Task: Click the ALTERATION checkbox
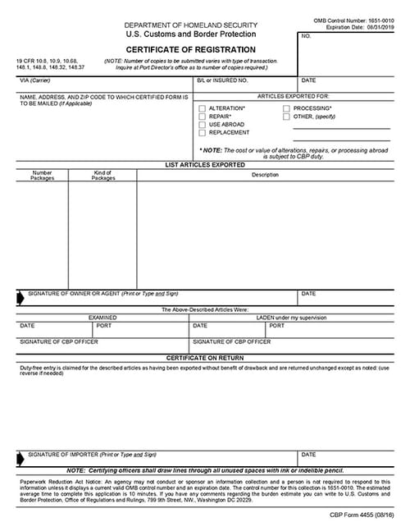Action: (202, 108)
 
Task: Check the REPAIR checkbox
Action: (202, 117)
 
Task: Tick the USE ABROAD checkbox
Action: (202, 125)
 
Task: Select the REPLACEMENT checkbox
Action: (202, 133)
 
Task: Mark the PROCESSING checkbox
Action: (286, 108)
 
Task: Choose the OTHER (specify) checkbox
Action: (286, 117)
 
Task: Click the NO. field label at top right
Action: (306, 37)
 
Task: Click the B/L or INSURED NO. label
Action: (221, 80)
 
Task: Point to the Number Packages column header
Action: (42, 176)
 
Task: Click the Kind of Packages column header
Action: (102, 176)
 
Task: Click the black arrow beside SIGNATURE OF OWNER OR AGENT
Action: (21, 296)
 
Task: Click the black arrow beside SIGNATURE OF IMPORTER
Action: (21, 457)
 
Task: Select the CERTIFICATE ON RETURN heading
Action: (206, 359)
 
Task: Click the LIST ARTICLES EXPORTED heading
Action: (206, 166)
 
